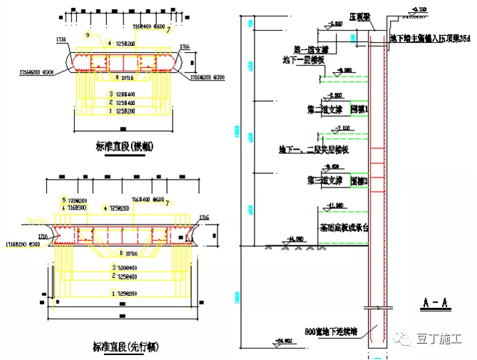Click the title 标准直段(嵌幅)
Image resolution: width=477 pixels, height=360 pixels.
click(x=125, y=146)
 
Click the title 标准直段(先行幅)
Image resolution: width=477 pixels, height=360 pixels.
click(x=125, y=348)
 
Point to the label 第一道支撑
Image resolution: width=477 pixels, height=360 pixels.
click(x=311, y=51)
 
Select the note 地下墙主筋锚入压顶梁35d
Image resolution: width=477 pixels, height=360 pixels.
click(x=429, y=37)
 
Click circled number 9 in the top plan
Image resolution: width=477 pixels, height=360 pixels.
click(x=87, y=35)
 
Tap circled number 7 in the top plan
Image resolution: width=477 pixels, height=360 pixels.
click(x=169, y=31)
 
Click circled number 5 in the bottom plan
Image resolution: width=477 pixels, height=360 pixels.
click(x=63, y=200)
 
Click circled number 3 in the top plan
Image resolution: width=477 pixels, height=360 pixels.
click(x=111, y=94)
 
